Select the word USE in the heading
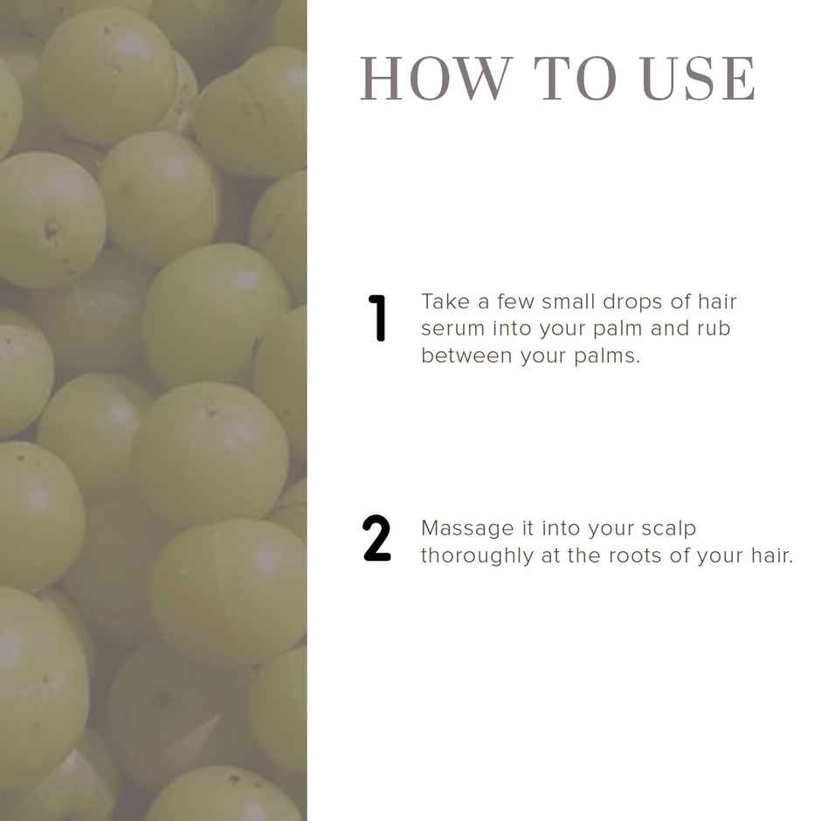(698, 79)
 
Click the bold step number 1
(378, 318)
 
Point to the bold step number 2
(376, 539)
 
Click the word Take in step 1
(445, 301)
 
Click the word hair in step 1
(715, 301)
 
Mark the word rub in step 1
(714, 328)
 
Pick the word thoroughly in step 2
(477, 556)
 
